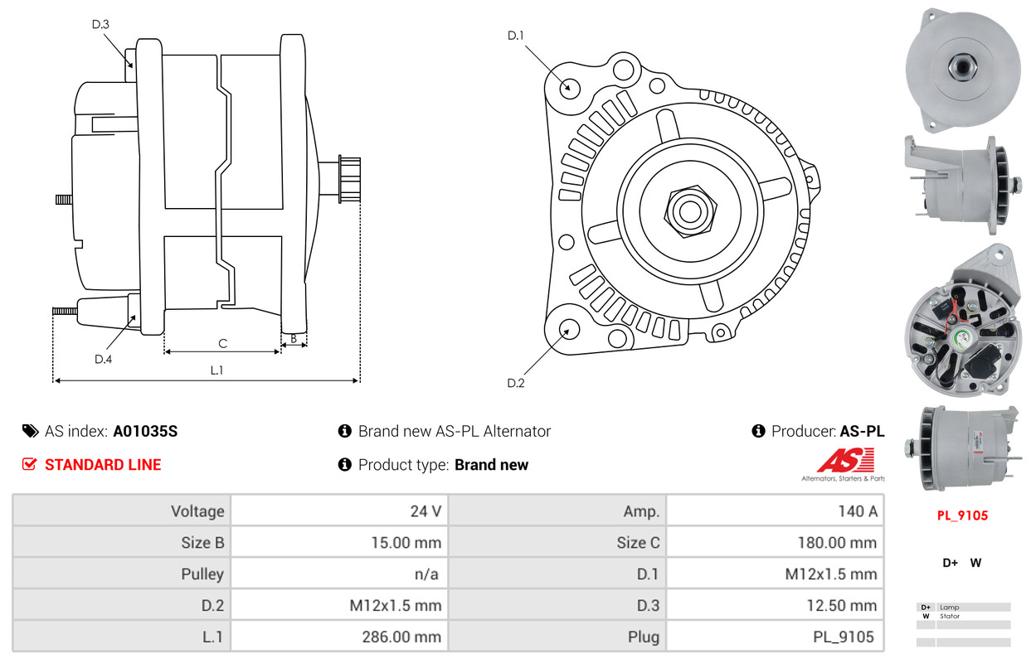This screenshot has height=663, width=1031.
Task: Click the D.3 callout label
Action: [x=100, y=24]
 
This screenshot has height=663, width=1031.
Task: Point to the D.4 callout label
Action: [x=103, y=359]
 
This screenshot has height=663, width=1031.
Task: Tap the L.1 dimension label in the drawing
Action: [x=216, y=370]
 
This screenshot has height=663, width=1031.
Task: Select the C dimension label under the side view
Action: [x=223, y=343]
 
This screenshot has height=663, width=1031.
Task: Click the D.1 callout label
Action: [x=516, y=36]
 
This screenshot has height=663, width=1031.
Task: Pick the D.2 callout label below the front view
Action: [x=516, y=383]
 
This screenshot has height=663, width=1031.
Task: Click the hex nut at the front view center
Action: [x=690, y=211]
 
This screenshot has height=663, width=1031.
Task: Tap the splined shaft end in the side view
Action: [x=350, y=179]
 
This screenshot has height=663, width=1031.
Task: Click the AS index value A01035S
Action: [x=145, y=431]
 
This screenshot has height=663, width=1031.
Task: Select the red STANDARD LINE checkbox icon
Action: [x=30, y=464]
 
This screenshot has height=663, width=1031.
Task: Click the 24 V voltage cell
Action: [x=339, y=511]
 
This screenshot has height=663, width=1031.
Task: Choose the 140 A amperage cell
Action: [x=775, y=511]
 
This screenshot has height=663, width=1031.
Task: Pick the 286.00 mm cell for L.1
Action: [x=339, y=636]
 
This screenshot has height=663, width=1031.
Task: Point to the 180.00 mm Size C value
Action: [x=837, y=543]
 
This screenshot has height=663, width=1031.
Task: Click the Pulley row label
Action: [x=202, y=573]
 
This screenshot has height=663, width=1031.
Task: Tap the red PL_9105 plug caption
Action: [x=962, y=515]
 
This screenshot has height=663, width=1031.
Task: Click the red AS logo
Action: [x=845, y=460]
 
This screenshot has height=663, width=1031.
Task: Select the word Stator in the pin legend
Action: [x=950, y=616]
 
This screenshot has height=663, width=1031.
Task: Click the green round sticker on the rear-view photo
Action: [x=962, y=339]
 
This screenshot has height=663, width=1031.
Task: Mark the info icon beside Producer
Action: [x=758, y=431]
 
